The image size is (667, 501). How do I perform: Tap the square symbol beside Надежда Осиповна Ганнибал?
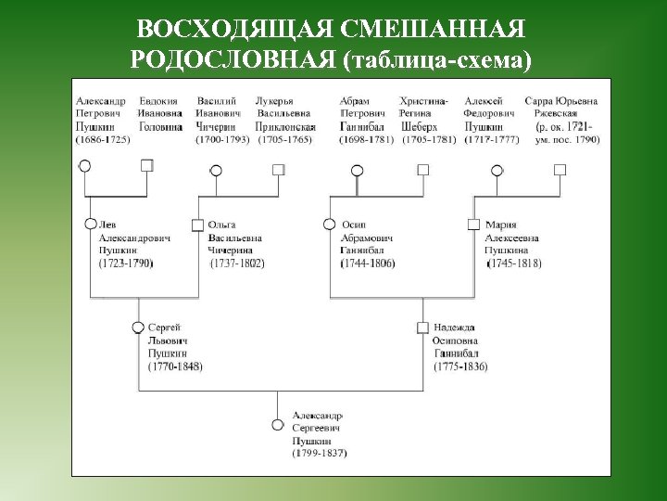pyautogui.click(x=422, y=327)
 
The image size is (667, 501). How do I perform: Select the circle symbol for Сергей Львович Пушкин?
pyautogui.click(x=138, y=327)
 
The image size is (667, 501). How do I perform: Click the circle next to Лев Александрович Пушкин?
pyautogui.click(x=90, y=224)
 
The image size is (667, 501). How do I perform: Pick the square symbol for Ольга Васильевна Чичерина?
pyautogui.click(x=197, y=224)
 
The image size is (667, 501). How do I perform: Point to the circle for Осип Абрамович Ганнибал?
pyautogui.click(x=329, y=224)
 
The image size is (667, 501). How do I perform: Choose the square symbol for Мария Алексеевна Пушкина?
pyautogui.click(x=473, y=224)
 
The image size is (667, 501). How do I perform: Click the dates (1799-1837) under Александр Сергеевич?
pyautogui.click(x=319, y=454)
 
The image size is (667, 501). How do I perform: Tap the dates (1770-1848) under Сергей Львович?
pyautogui.click(x=175, y=366)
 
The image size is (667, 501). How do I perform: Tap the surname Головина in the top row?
pyautogui.click(x=160, y=126)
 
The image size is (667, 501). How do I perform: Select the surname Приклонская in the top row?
pyautogui.click(x=285, y=126)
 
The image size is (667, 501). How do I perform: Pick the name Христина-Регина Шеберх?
pyautogui.click(x=423, y=113)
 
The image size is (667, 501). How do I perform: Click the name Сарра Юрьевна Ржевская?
pyautogui.click(x=560, y=106)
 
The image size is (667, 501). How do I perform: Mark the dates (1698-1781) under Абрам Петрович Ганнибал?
pyautogui.click(x=367, y=139)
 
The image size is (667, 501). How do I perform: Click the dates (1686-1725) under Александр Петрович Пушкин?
pyautogui.click(x=102, y=139)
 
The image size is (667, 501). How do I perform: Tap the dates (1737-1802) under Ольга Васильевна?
pyautogui.click(x=237, y=263)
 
